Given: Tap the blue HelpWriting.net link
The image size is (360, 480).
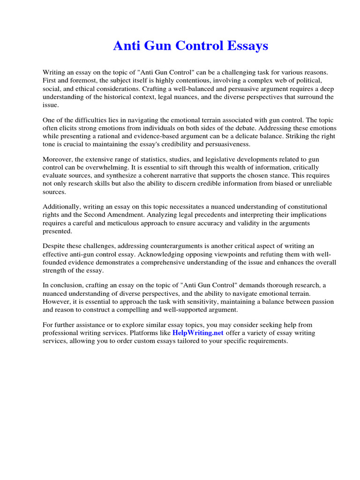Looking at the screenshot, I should [x=199, y=333].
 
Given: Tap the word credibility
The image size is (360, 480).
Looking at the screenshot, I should [x=173, y=144].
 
